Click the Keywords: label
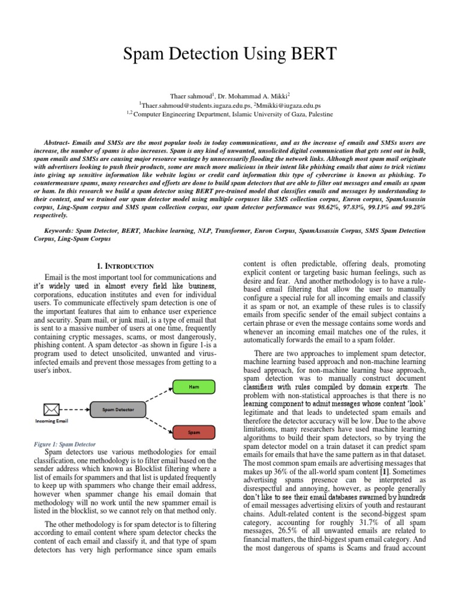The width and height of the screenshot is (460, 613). pyautogui.click(x=63, y=230)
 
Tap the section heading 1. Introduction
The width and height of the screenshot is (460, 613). pyautogui.click(x=126, y=266)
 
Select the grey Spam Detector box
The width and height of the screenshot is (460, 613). pyautogui.click(x=117, y=410)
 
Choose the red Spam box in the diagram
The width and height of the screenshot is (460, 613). pyautogui.click(x=194, y=432)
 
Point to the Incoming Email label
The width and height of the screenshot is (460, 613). pyautogui.click(x=52, y=421)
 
